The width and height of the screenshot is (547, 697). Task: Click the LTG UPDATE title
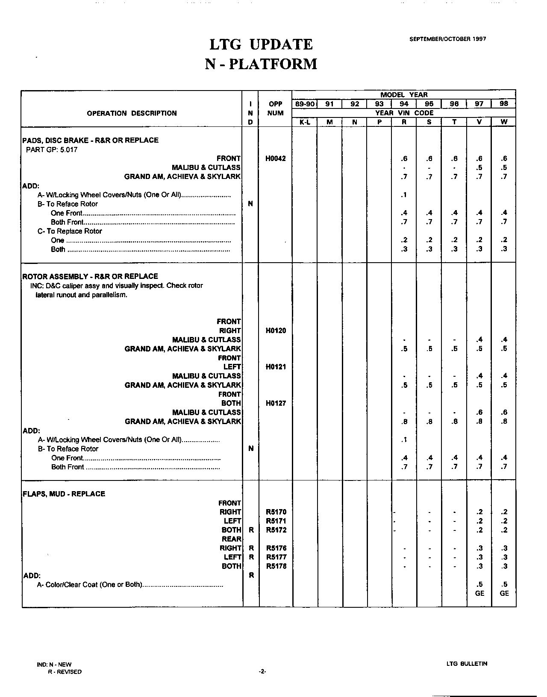(x=261, y=44)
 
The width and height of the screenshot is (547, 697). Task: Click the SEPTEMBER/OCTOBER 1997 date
(x=447, y=39)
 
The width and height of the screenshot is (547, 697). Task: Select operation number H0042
(x=275, y=158)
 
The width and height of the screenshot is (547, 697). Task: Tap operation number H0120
(x=275, y=331)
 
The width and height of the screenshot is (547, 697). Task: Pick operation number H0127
(x=275, y=403)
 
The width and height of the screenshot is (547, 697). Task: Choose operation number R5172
(x=276, y=530)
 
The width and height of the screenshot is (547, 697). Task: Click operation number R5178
(x=276, y=566)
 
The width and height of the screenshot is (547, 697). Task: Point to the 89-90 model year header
(x=305, y=104)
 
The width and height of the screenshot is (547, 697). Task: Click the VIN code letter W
(x=504, y=122)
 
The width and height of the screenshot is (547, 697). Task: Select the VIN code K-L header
(x=305, y=122)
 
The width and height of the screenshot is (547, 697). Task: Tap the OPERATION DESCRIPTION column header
(x=132, y=113)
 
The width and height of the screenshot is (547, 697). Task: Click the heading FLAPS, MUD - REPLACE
(x=64, y=494)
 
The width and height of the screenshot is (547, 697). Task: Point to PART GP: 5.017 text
(x=52, y=149)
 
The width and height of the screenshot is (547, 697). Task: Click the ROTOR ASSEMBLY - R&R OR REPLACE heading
(x=90, y=276)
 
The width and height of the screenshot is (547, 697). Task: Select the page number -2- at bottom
(x=262, y=672)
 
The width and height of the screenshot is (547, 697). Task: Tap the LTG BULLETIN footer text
(x=467, y=664)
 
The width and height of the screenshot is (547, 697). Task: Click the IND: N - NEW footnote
(x=54, y=665)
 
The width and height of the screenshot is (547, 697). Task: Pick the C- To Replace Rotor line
(x=70, y=231)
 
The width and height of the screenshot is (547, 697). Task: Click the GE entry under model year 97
(x=479, y=593)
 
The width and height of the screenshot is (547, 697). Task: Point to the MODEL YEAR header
(x=404, y=95)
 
